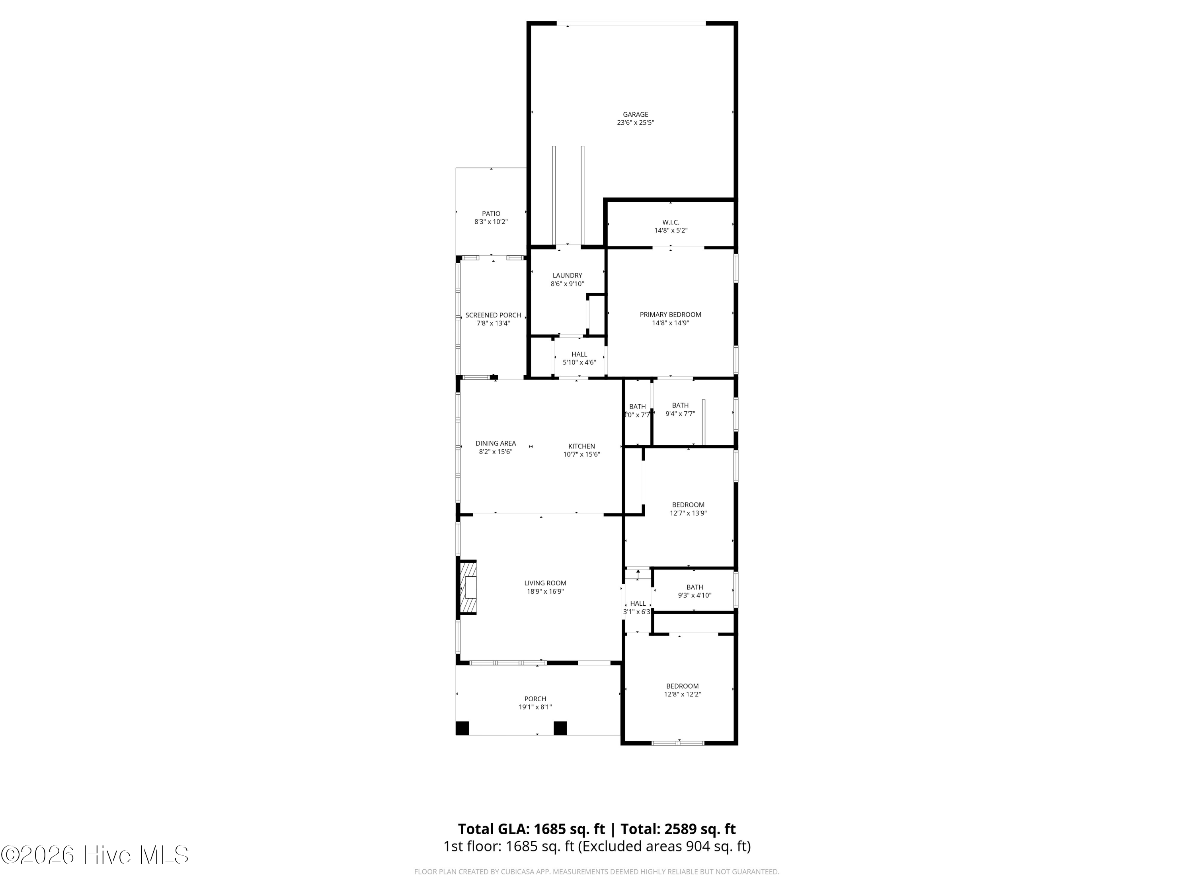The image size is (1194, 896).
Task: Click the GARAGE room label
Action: click(635, 115)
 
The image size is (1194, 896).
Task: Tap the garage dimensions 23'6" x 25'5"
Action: click(635, 123)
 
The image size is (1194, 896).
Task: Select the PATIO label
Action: click(491, 214)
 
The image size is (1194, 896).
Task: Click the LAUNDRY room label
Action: click(567, 276)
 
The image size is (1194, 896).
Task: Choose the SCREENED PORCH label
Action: click(494, 315)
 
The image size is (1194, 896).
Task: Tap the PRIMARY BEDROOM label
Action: click(670, 315)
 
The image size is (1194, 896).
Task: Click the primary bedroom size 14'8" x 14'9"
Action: click(670, 323)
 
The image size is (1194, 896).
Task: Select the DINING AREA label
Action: click(496, 443)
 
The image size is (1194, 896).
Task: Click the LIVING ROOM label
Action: click(545, 583)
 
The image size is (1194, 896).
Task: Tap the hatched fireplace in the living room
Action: click(468, 588)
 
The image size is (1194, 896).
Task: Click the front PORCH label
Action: click(535, 699)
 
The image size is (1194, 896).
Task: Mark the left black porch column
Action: click(462, 728)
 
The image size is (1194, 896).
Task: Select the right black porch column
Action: click(560, 728)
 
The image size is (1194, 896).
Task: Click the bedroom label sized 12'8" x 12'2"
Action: click(682, 687)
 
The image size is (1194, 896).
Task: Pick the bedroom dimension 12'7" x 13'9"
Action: click(688, 513)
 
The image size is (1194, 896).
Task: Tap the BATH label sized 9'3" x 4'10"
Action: click(695, 588)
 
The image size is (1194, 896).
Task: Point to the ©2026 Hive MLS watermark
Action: click(95, 855)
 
